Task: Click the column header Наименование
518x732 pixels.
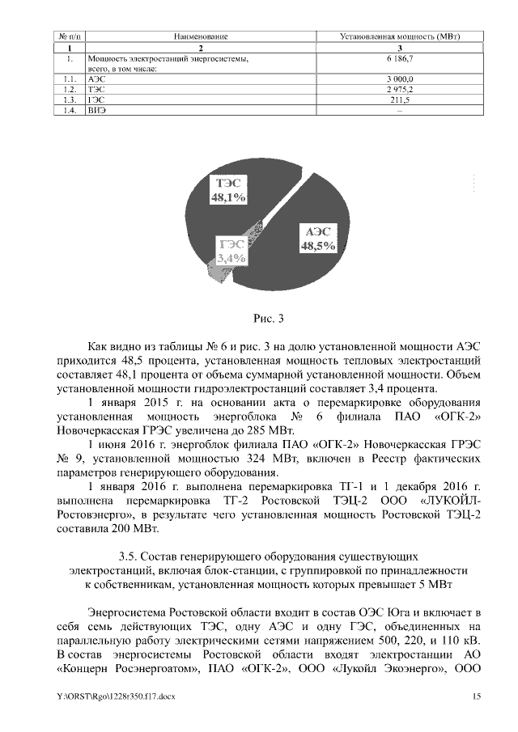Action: click(x=201, y=37)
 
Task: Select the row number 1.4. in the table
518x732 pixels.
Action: click(x=70, y=111)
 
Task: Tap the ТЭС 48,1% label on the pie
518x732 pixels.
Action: click(x=228, y=189)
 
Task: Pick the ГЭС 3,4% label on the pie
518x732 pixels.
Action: click(x=231, y=251)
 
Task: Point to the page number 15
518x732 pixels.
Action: click(x=477, y=696)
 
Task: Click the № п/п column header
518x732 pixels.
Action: click(x=70, y=37)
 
